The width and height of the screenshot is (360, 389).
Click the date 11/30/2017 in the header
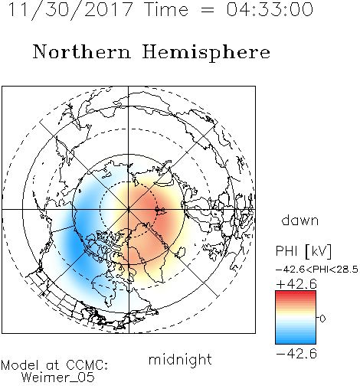point(70,10)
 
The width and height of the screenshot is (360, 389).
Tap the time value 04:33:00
point(270,9)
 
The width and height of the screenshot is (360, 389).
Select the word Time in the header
point(166,9)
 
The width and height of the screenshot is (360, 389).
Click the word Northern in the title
point(82,51)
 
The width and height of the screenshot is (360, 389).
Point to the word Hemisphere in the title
point(206,53)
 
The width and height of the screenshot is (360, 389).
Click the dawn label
point(300,220)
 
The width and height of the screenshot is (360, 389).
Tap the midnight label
point(180,360)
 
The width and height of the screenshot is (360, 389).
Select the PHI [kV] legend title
point(303,251)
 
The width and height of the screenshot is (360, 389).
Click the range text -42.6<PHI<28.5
point(317,270)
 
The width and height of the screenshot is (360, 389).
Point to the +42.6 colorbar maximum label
point(296,284)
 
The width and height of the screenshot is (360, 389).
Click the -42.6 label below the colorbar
point(296,354)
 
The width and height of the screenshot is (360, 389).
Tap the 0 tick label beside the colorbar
point(322,319)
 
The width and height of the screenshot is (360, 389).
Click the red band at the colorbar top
point(296,294)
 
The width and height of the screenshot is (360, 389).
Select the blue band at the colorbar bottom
point(296,340)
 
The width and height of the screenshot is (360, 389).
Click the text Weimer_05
point(58,378)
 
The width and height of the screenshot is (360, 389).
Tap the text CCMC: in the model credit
point(87,365)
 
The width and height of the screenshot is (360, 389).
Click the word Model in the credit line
point(20,365)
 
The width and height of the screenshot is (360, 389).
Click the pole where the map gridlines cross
point(129,209)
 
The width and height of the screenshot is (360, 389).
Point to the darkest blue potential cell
point(77,243)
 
